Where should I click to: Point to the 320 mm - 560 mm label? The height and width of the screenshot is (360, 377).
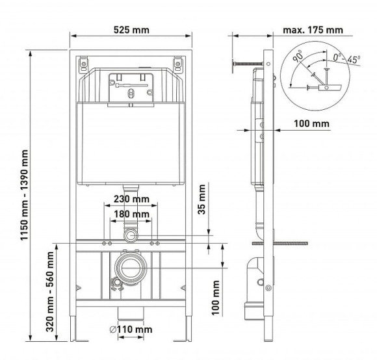tap(50, 292)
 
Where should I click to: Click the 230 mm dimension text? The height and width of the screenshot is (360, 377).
tap(131, 199)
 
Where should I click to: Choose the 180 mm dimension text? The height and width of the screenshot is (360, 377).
tap(131, 214)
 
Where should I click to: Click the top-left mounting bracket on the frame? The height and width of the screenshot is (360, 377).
tap(83, 64)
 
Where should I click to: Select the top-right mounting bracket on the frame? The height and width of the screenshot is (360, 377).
tap(177, 64)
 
